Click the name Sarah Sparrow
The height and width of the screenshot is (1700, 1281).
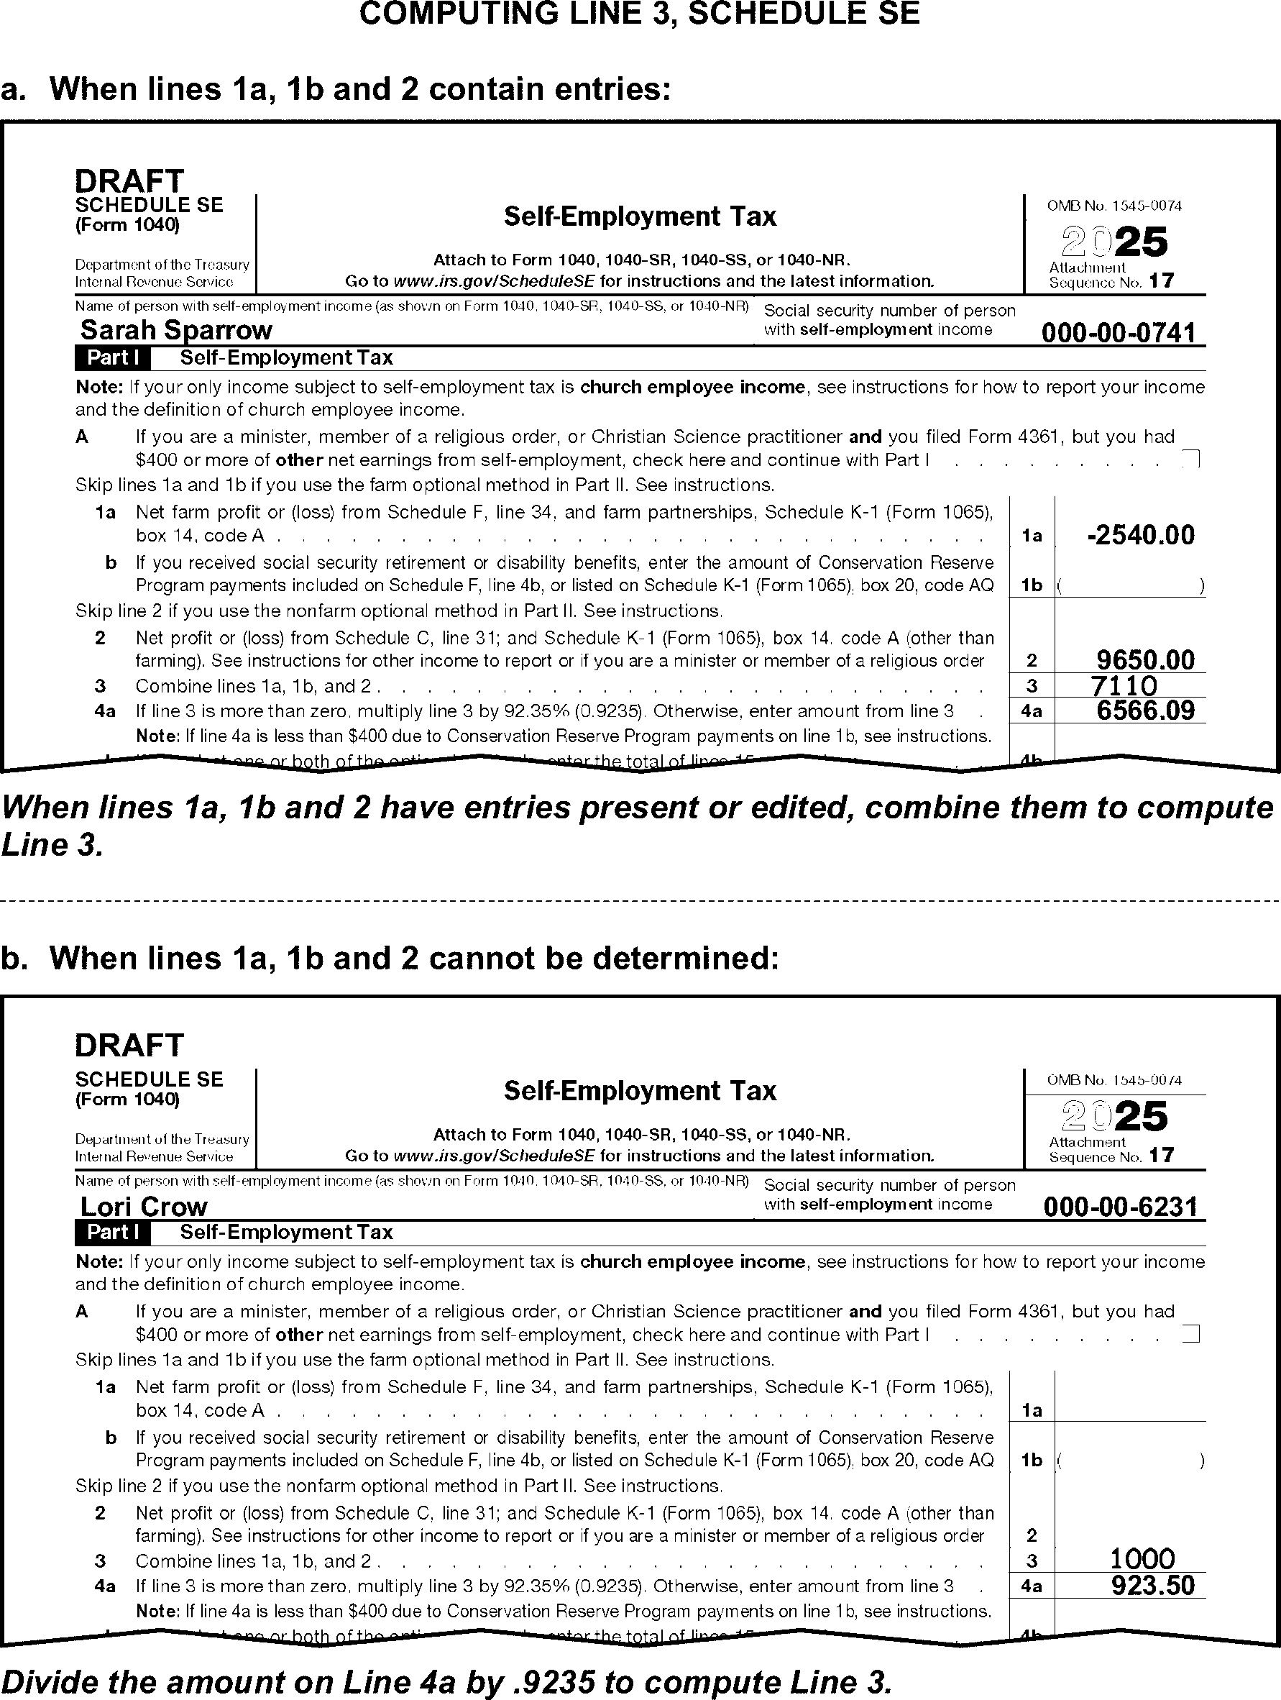pos(176,331)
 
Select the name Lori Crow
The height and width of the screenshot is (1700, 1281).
pos(144,1206)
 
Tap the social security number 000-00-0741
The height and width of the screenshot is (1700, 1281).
pos(1118,333)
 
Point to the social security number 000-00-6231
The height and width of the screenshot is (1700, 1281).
pos(1120,1207)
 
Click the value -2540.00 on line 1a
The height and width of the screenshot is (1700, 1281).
pos(1141,535)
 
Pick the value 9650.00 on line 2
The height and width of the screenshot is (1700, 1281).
pos(1146,660)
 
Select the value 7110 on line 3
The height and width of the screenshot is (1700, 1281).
pos(1124,685)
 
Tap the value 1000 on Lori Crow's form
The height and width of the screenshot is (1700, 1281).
pos(1143,1559)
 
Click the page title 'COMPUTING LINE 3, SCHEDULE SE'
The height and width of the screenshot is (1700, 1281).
pos(639,14)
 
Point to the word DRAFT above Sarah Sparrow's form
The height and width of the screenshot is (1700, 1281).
pos(129,181)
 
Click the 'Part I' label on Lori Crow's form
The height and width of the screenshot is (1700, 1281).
pos(113,1232)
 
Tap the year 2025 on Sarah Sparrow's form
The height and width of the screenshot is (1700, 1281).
pos(1114,242)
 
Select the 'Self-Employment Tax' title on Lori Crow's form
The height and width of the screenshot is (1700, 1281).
pos(639,1092)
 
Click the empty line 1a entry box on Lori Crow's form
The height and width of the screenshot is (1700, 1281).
pos(1129,1399)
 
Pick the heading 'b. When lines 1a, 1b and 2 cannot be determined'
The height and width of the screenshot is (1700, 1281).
pos(390,959)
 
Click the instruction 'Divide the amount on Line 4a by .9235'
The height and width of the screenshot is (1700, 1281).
pos(446,1682)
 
